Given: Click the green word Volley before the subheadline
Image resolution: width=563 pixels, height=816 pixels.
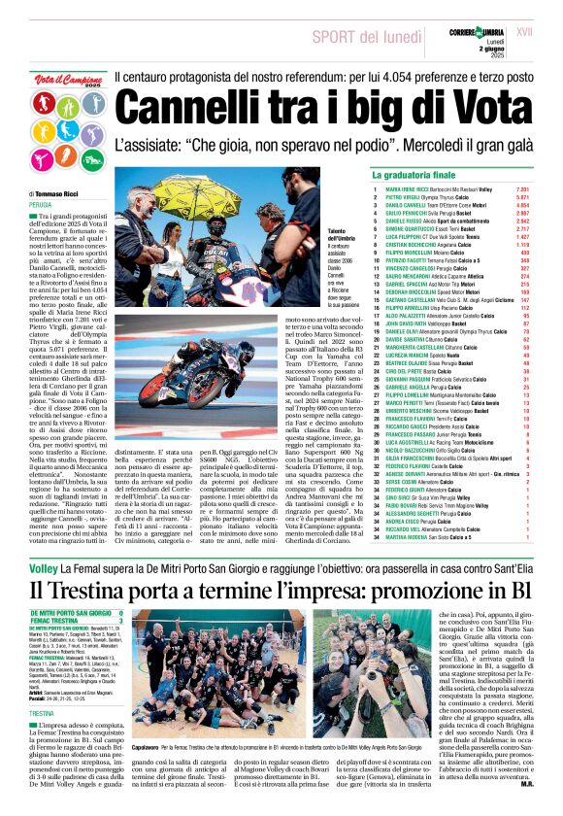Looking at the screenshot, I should coord(43,565).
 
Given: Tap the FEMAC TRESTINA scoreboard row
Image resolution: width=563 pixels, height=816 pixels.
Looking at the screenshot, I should coord(62,619).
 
